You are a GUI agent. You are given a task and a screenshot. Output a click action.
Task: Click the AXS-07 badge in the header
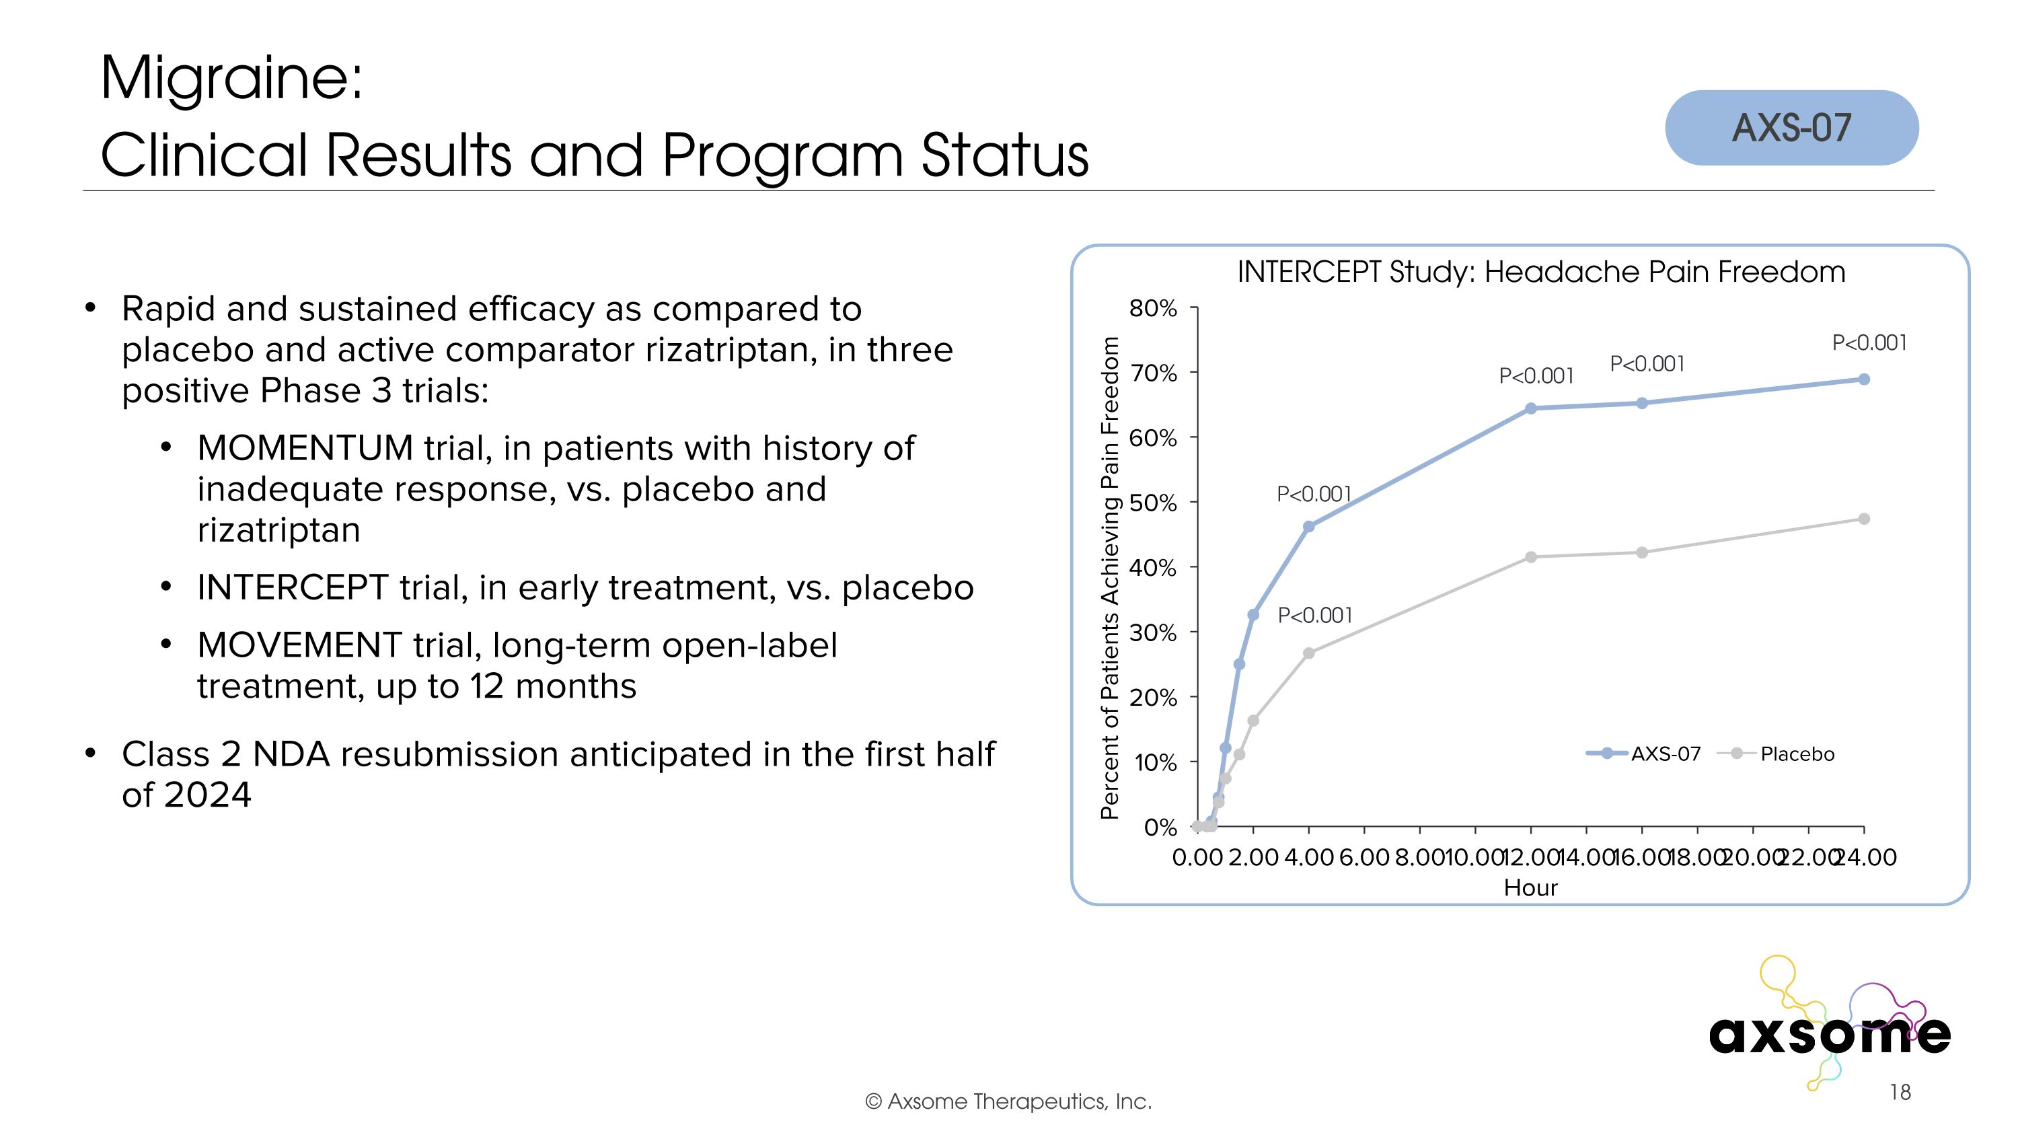click(1791, 128)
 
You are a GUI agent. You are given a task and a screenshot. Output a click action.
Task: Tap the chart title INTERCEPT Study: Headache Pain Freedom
click(1540, 272)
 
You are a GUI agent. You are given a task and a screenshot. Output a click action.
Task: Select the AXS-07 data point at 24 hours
click(1864, 379)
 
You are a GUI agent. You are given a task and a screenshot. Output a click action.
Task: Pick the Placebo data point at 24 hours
click(1864, 519)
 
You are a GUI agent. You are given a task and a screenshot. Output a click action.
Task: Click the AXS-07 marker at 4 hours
click(1308, 526)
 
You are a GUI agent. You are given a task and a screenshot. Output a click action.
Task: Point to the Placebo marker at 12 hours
click(1531, 557)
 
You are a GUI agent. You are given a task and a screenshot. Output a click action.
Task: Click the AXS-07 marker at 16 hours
click(1642, 404)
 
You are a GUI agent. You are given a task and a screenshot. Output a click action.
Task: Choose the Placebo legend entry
click(1795, 754)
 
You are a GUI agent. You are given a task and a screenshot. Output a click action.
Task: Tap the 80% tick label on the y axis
click(1152, 309)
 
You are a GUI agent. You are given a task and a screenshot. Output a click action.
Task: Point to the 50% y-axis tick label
click(1152, 503)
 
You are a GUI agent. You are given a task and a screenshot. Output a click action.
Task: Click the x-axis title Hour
click(1530, 887)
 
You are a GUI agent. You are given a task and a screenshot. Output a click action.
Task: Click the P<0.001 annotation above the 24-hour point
click(1869, 343)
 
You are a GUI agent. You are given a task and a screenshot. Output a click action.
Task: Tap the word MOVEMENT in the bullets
click(299, 645)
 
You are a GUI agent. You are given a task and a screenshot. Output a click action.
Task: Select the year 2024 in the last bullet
click(208, 795)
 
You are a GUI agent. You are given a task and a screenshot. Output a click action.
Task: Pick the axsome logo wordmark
click(1828, 1034)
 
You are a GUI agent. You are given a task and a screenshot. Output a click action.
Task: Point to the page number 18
click(1900, 1092)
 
